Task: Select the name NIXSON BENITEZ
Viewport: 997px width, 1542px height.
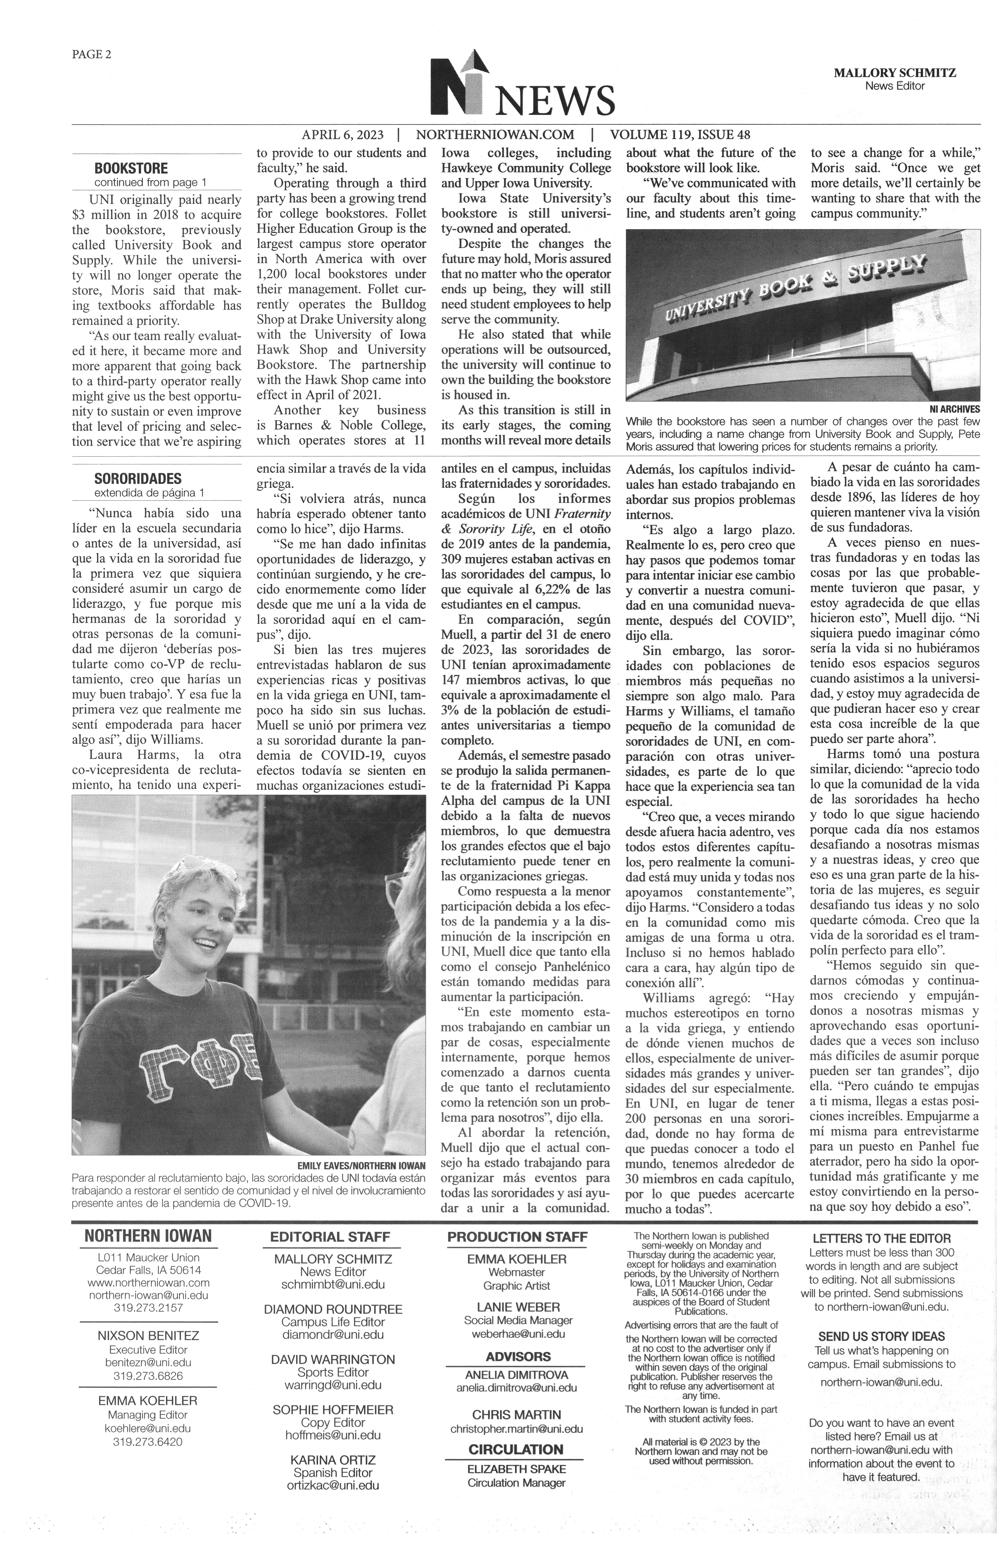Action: click(148, 1335)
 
